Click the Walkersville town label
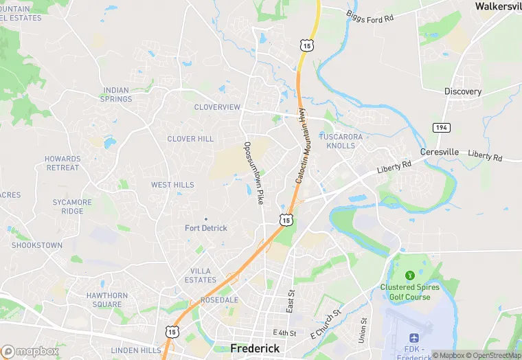tap(499, 5)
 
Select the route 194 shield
tap(441, 128)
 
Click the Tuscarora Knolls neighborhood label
tap(341, 141)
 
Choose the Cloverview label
tap(217, 107)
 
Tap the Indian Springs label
tap(117, 94)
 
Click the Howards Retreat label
tap(63, 163)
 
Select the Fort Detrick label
tap(206, 228)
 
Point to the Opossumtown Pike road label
tap(253, 172)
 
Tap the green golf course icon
tap(411, 275)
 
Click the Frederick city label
tap(255, 348)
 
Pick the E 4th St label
tap(284, 333)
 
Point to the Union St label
tap(362, 330)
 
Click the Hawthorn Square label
tap(107, 300)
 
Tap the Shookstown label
tap(37, 245)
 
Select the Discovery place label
tap(463, 91)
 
